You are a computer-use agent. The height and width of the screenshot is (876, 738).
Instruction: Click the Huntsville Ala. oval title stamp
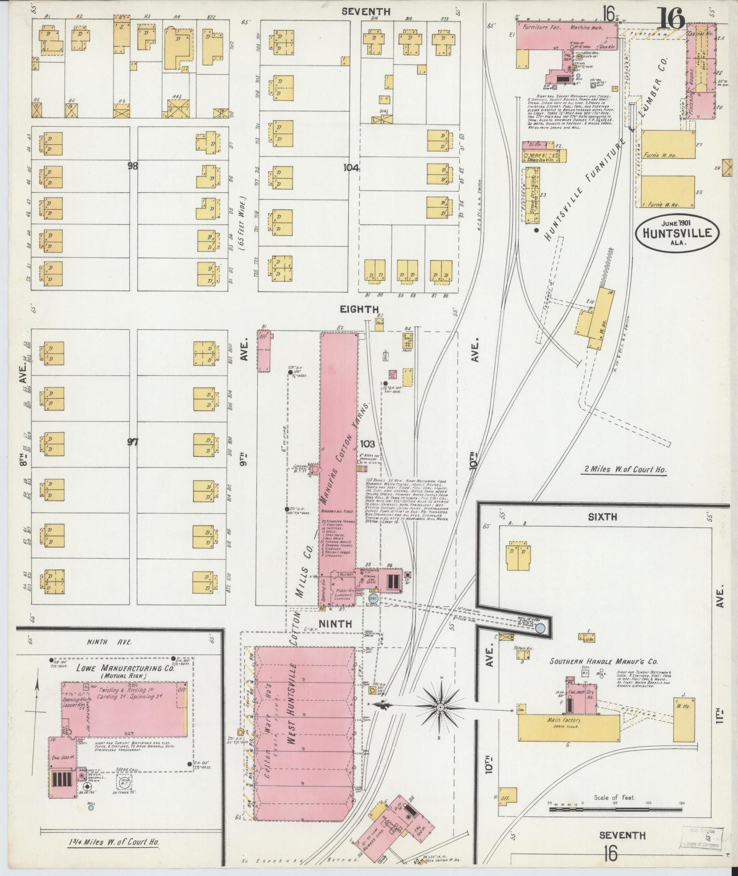677,233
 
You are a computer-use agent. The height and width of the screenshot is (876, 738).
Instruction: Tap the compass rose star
440,707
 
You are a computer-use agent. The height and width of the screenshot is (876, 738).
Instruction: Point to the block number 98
134,166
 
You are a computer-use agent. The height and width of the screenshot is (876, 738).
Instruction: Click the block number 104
351,167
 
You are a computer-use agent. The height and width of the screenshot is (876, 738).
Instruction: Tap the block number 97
133,442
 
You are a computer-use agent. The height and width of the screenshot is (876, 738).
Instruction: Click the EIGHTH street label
361,309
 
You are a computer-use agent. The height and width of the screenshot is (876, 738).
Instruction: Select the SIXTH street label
603,517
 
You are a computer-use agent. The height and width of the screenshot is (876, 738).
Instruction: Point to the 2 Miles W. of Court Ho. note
625,469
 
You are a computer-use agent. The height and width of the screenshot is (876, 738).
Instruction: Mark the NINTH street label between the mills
336,624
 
